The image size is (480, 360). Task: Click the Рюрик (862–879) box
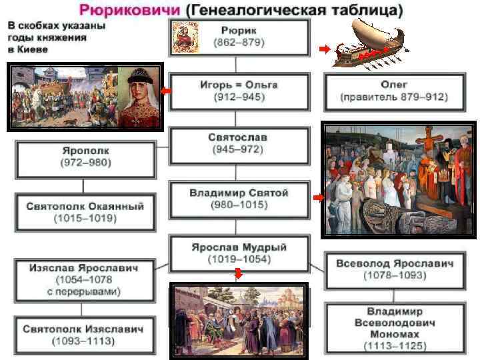pyautogui.click(x=239, y=36)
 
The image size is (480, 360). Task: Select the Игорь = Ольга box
pyautogui.click(x=239, y=91)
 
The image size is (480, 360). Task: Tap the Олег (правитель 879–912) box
pyautogui.click(x=394, y=91)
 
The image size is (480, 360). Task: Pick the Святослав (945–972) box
pyautogui.click(x=239, y=143)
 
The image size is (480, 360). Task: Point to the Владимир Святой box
pyautogui.click(x=239, y=198)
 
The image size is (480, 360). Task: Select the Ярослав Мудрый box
pyautogui.click(x=239, y=253)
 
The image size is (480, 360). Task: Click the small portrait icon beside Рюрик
pyautogui.click(x=183, y=37)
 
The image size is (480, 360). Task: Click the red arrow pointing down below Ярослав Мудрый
pyautogui.click(x=238, y=273)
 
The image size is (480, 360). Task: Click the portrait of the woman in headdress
pyautogui.click(x=140, y=97)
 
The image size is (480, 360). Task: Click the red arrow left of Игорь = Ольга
pyautogui.click(x=166, y=91)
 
